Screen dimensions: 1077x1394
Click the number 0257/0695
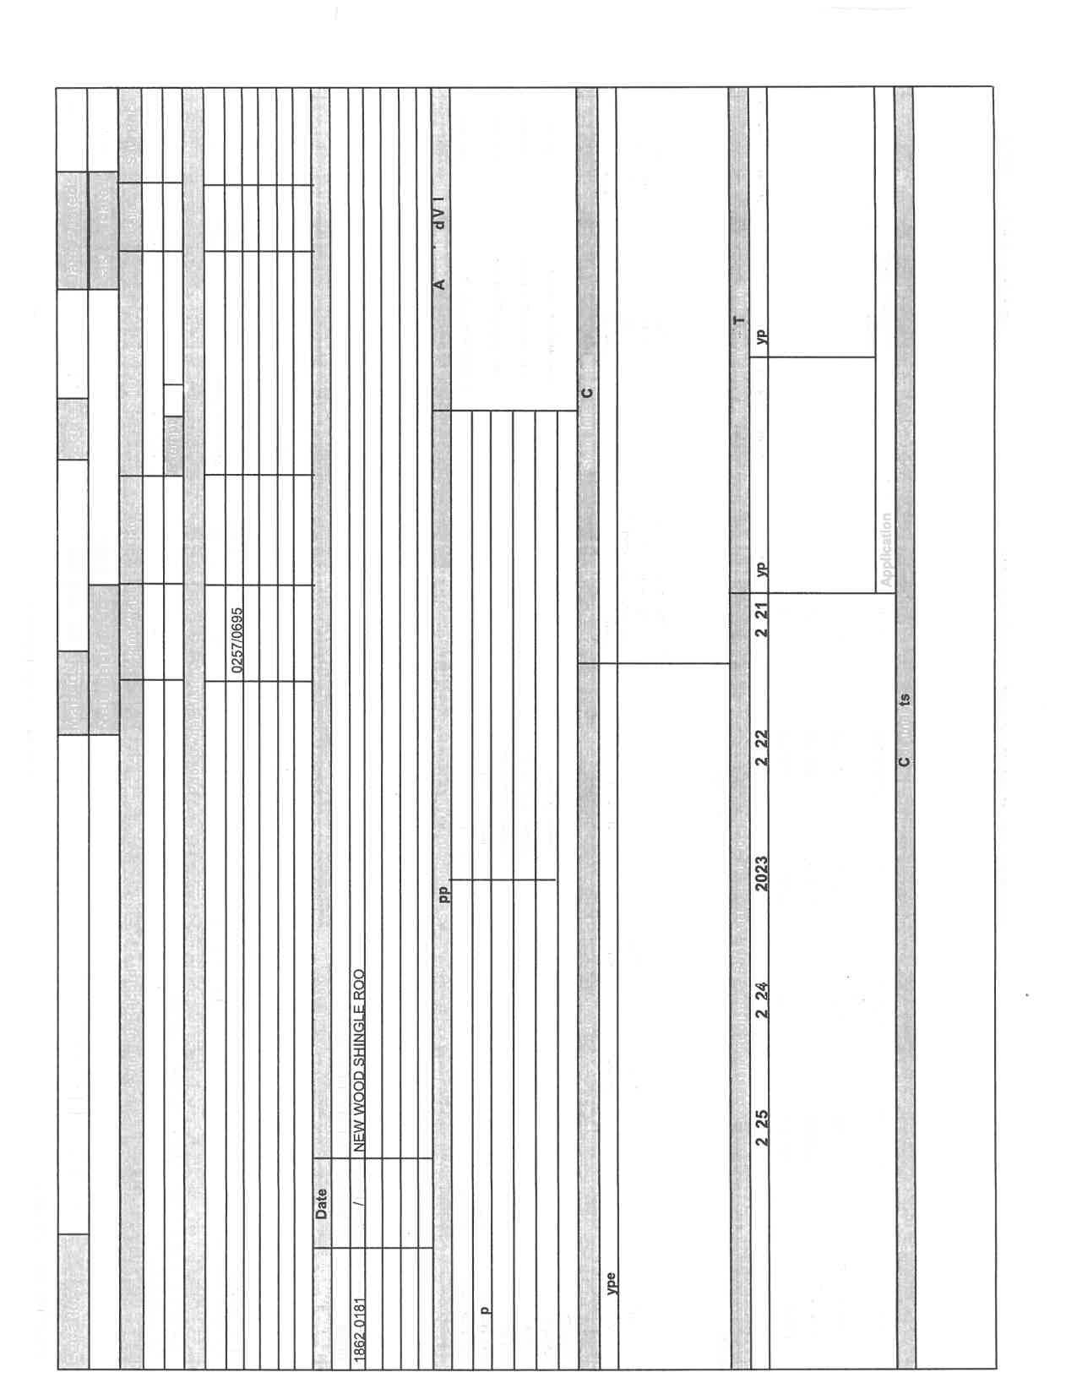pyautogui.click(x=237, y=640)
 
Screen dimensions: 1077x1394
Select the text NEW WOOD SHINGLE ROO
pyautogui.click(x=358, y=1061)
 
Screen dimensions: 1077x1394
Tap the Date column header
pyautogui.click(x=321, y=1203)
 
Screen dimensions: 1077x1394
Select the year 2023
pyautogui.click(x=761, y=876)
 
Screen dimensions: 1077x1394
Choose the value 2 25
pyautogui.click(x=761, y=1128)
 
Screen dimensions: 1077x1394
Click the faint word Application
pyautogui.click(x=885, y=549)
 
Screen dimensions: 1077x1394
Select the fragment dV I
pyautogui.click(x=439, y=214)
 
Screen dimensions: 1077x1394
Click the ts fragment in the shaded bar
pyautogui.click(x=904, y=700)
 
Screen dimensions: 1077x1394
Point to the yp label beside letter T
pyautogui.click(x=761, y=335)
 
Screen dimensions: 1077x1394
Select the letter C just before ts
pyautogui.click(x=904, y=761)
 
